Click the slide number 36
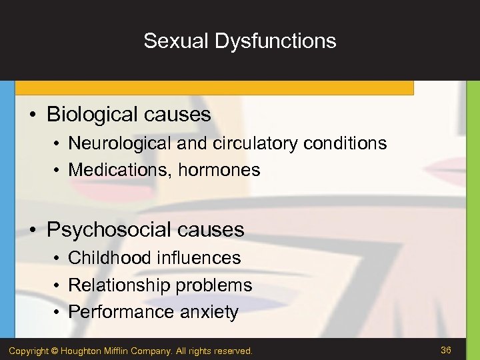[x=446, y=350]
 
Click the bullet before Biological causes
[x=33, y=115]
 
